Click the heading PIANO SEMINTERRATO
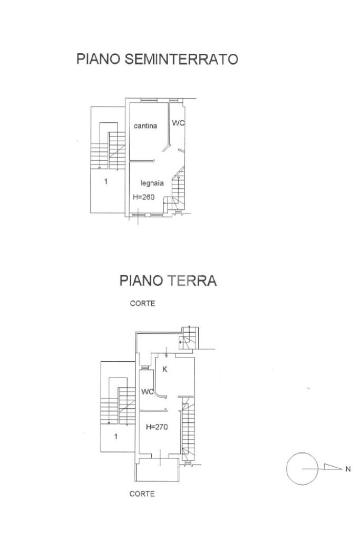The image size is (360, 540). point(157,59)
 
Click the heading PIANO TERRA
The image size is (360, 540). point(168,281)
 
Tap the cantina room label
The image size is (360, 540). point(145,126)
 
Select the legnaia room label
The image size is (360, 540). point(152,183)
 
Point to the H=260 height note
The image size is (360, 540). point(144,197)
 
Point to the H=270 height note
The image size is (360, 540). point(157,428)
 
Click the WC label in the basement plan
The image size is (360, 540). point(178,123)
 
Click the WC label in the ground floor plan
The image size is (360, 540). point(147,392)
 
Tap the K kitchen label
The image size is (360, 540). point(165,370)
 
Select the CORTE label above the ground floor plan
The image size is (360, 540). point(142,304)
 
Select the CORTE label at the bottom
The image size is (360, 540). point(142,494)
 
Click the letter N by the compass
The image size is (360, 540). point(347,469)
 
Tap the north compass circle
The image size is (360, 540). point(302,469)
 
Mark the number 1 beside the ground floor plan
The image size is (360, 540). point(116,436)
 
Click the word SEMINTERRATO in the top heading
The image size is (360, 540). point(181,59)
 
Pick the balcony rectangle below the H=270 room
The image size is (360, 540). point(158,470)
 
